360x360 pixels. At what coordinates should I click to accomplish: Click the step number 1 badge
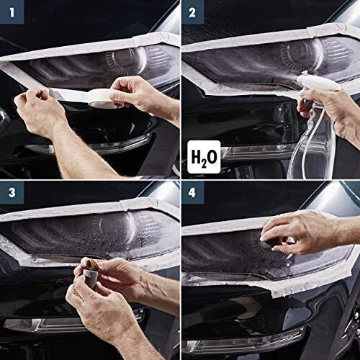pos(12,12)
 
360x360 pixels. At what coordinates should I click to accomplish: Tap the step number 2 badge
pos(192,12)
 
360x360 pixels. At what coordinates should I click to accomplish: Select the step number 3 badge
pos(12,192)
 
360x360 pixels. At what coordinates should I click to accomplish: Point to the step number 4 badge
pos(192,192)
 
